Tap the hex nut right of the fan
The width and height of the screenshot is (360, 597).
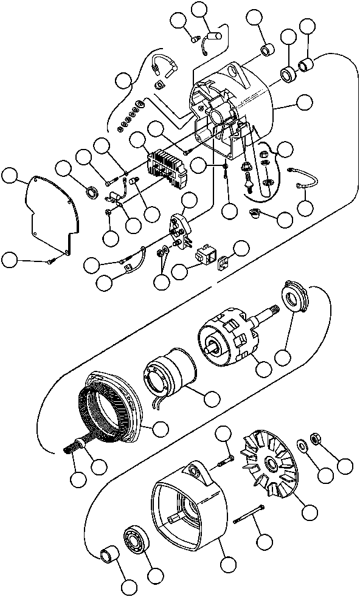point(316,438)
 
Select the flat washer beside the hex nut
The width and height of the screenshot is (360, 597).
point(302,444)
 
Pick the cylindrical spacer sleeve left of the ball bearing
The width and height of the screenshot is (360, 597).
point(109,555)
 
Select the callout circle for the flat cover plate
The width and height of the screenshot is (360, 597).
point(10,176)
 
